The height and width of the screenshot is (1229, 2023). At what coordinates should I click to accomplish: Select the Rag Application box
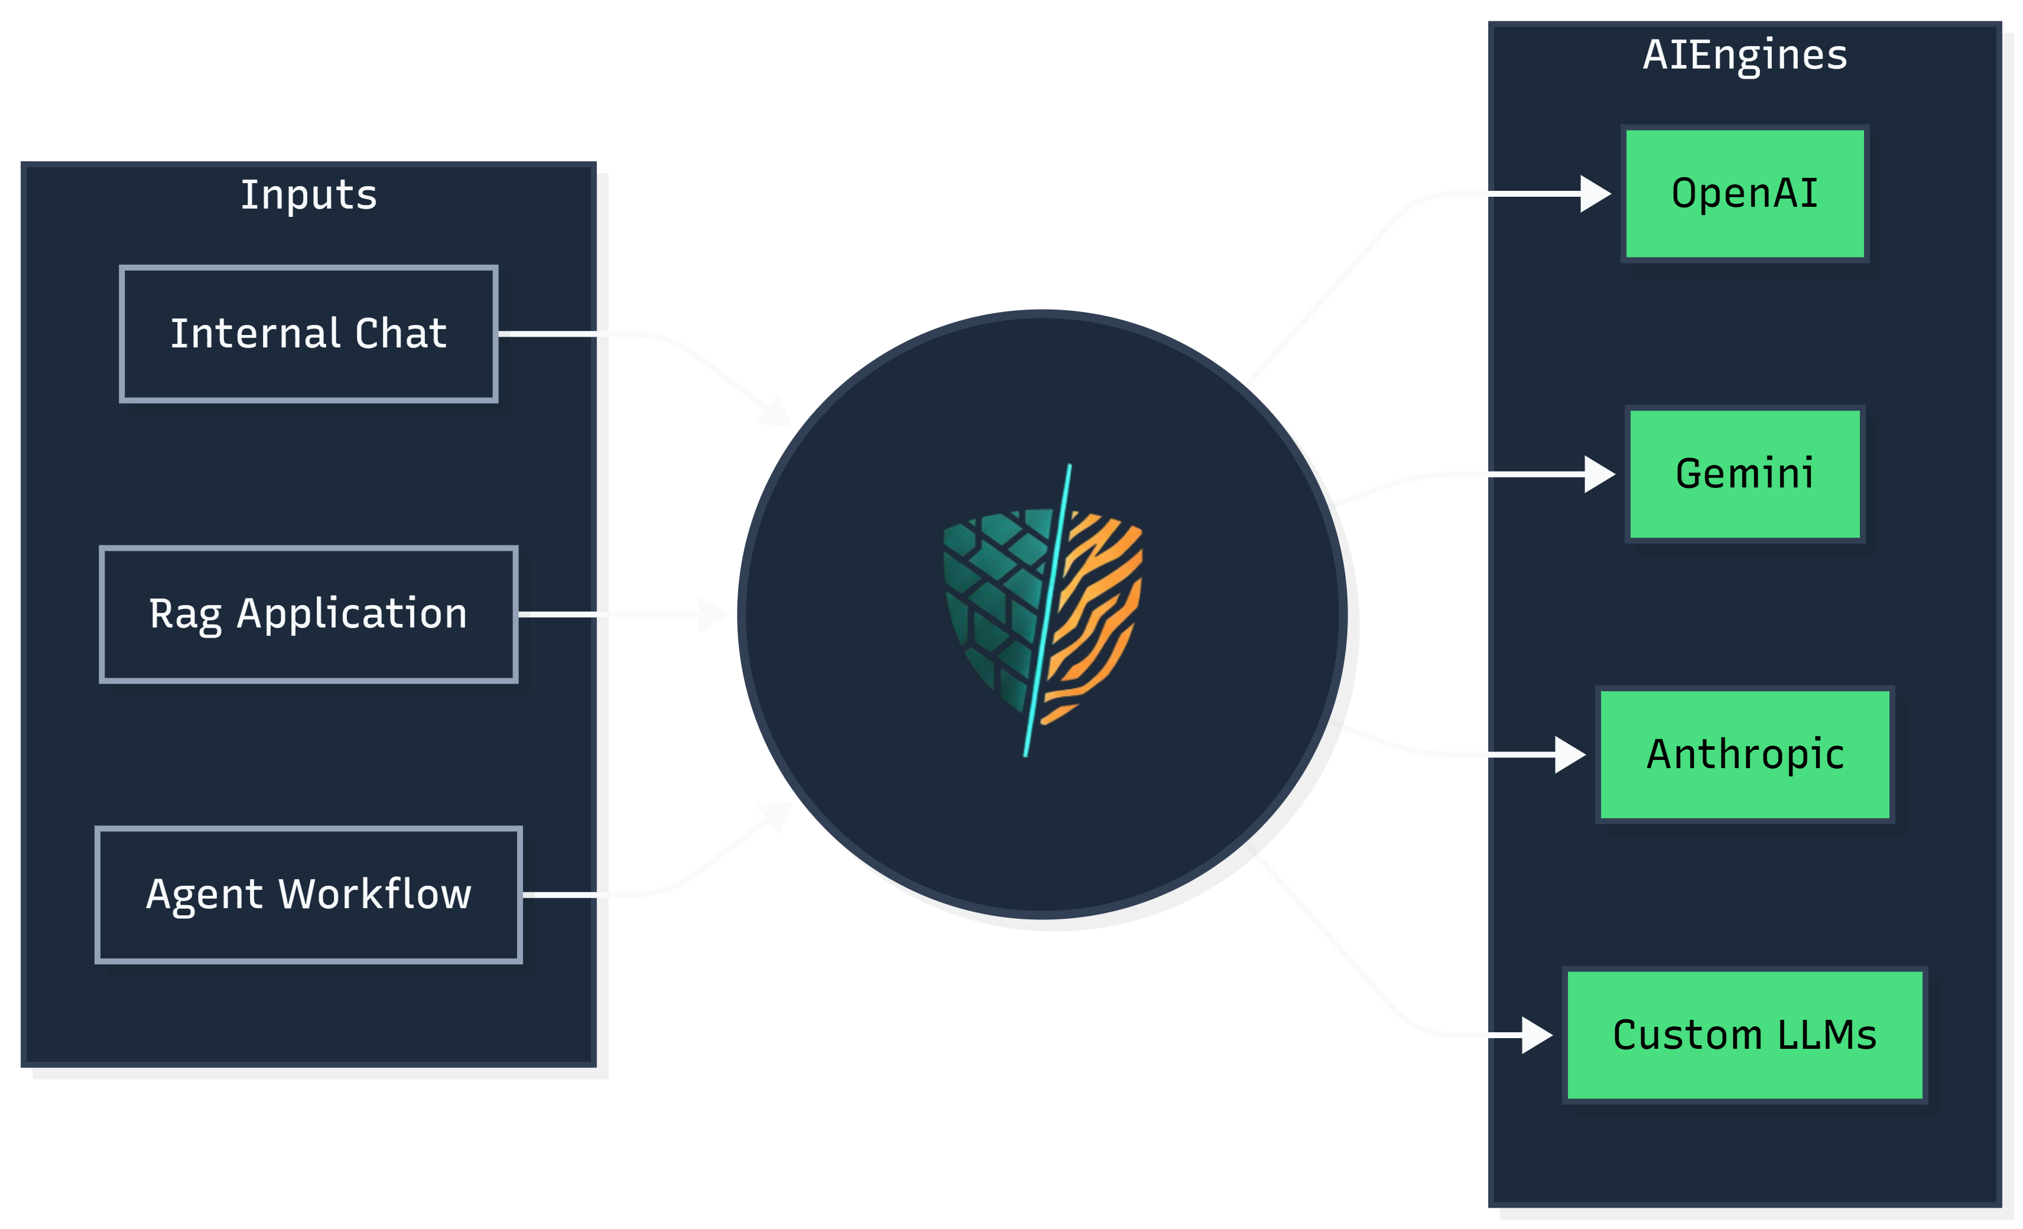click(x=308, y=614)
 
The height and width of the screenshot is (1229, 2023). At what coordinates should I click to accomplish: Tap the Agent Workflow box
click(x=308, y=894)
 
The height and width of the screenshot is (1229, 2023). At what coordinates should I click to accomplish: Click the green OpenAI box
click(x=1745, y=194)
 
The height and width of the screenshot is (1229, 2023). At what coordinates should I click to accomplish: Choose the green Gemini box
click(x=1745, y=474)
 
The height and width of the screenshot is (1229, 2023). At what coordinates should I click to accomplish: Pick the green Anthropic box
click(x=1745, y=755)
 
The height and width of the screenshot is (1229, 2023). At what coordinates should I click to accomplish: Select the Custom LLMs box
click(x=1745, y=1035)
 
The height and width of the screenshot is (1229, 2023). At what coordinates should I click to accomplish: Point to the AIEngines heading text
click(x=1745, y=55)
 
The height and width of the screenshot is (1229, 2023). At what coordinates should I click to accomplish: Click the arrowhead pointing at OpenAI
click(x=1595, y=194)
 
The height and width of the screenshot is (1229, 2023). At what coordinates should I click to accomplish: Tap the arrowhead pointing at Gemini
click(x=1599, y=474)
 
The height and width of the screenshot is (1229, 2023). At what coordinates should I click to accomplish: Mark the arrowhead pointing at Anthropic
click(x=1569, y=755)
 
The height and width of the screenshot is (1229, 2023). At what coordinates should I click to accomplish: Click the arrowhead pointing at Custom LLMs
click(x=1536, y=1035)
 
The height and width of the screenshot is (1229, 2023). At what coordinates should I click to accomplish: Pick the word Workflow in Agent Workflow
click(x=375, y=894)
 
